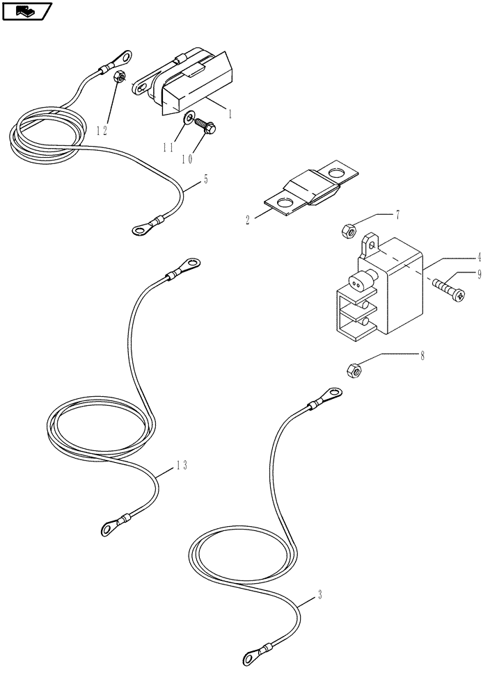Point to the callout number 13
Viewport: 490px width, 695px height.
coord(180,466)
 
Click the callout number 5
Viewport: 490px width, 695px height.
coord(205,179)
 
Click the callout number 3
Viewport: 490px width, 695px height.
coord(319,594)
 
